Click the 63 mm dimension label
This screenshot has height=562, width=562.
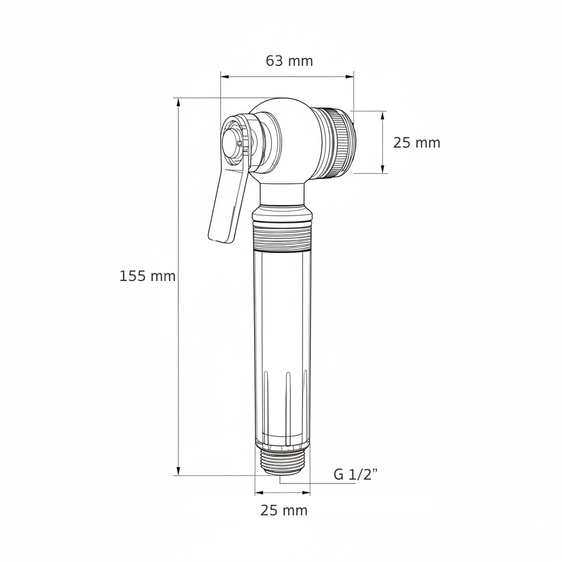coord(289,61)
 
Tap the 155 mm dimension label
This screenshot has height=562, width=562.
coord(147,277)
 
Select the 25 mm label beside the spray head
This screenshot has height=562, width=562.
coord(417,143)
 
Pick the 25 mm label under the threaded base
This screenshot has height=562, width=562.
coord(284,510)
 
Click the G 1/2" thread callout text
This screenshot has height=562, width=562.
coord(356,475)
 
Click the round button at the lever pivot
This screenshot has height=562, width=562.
coord(232,143)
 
